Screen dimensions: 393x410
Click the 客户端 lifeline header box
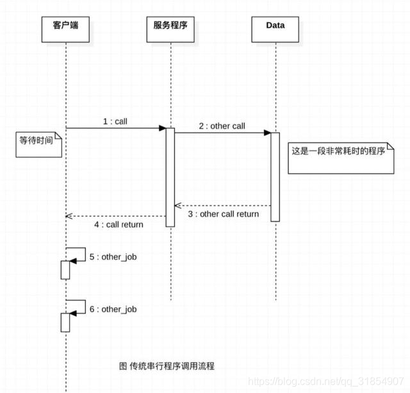tap(65, 27)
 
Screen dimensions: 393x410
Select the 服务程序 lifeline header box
tap(171, 27)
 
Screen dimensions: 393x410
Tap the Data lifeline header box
tap(275, 27)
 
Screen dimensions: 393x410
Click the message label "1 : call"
tap(116, 121)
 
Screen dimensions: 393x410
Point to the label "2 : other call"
tap(222, 126)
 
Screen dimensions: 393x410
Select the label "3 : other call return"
tap(224, 214)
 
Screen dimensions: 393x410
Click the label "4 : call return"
tap(119, 225)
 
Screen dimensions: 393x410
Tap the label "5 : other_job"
tap(113, 257)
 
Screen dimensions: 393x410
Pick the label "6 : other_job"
tap(113, 309)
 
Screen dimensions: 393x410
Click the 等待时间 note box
tap(38, 145)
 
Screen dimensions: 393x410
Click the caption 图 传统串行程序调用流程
tap(167, 366)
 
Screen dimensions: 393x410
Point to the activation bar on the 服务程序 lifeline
tap(170, 177)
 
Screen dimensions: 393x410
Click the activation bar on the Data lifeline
tap(275, 177)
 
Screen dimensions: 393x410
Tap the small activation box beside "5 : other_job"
tap(65, 270)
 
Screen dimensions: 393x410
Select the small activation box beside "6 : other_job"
tap(65, 322)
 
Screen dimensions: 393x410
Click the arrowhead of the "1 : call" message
tap(163, 128)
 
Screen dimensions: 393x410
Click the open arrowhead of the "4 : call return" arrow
tap(69, 216)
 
